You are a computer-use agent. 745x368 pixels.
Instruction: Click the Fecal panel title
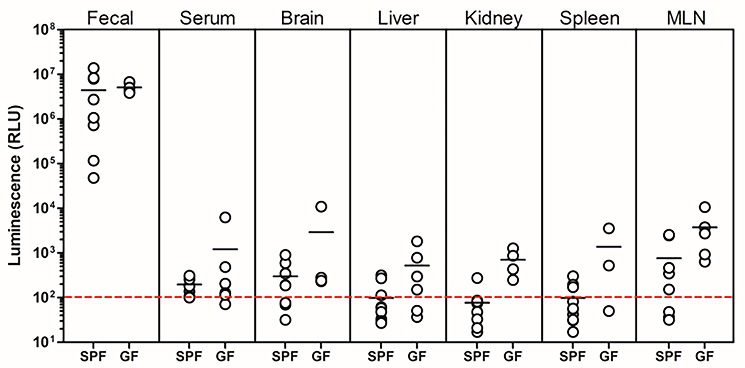pos(110,18)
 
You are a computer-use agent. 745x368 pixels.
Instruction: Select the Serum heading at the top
pos(207,18)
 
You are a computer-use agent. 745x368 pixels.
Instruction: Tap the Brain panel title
pos(302,18)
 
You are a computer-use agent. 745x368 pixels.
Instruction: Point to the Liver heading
pos(398,18)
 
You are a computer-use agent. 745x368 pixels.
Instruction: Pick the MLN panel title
pos(686,18)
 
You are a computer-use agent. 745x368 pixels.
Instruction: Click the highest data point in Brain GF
pos(321,206)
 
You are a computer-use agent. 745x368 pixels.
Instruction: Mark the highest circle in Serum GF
pos(225,217)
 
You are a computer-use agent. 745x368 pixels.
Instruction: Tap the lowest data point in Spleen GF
pos(609,311)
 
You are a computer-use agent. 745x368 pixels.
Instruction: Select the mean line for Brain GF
pos(321,232)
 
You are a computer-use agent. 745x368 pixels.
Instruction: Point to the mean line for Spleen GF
pos(609,247)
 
